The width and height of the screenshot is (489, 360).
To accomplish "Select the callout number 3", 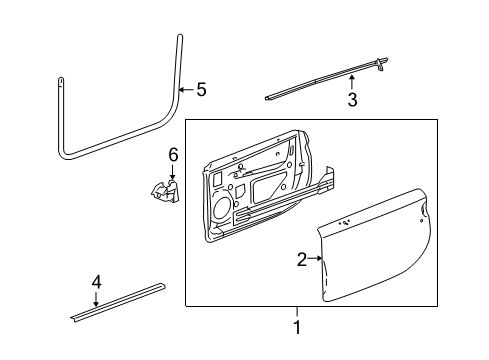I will pyautogui.click(x=351, y=99).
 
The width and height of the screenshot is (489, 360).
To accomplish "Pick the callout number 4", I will pyautogui.click(x=96, y=283).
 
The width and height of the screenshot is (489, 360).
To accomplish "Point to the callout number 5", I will pyautogui.click(x=201, y=90).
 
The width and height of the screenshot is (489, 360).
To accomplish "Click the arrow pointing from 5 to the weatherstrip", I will pyautogui.click(x=186, y=90).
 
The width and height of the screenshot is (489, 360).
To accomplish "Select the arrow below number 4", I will pyautogui.click(x=96, y=299).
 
